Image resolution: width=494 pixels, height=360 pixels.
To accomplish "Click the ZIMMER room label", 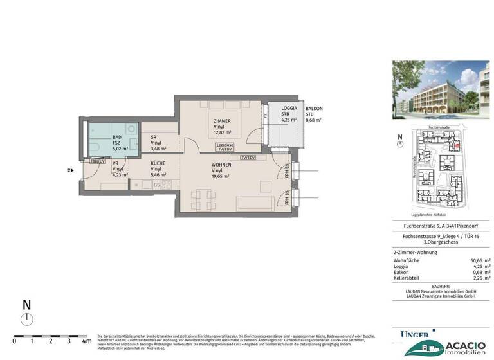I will [223, 122].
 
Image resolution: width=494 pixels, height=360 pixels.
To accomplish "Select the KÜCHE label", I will [158, 164].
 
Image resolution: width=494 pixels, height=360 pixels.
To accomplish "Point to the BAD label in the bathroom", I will [117, 137].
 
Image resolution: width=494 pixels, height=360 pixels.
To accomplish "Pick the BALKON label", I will [314, 109].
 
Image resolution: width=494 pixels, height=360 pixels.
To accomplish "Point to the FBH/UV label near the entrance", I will [98, 161].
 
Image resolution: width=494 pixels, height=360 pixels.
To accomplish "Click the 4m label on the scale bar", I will [87, 341].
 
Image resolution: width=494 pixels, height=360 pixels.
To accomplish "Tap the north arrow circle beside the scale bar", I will [26, 320].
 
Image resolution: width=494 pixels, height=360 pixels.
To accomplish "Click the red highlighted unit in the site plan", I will [457, 146].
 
